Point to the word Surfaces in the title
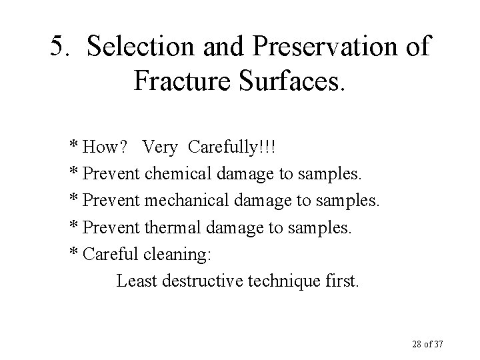(x=293, y=81)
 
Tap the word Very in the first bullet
(x=160, y=147)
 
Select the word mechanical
(x=185, y=201)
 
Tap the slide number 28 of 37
(x=427, y=344)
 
